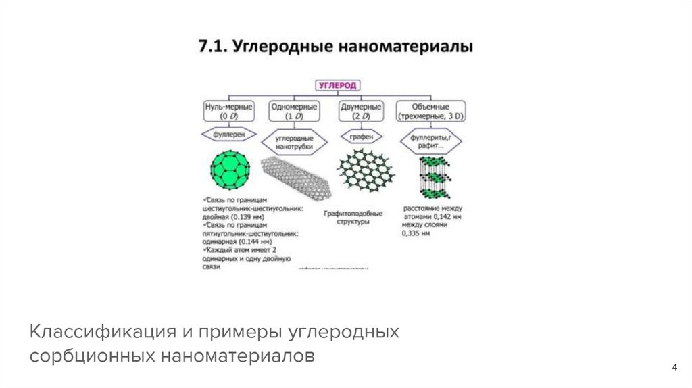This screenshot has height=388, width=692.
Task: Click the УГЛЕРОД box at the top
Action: tap(338, 85)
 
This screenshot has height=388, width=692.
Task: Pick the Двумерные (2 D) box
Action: tap(359, 111)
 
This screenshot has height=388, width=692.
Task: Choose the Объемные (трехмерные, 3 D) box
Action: tap(430, 111)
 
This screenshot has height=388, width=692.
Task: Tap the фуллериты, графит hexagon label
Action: tap(430, 141)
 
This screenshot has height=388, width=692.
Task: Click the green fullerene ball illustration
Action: tap(230, 172)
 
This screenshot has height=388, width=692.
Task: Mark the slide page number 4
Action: tap(674, 368)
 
